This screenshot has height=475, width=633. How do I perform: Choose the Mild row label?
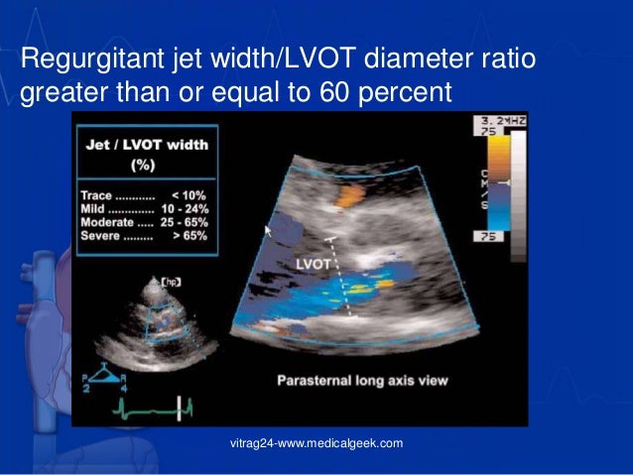(96, 210)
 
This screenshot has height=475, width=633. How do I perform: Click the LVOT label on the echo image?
(316, 264)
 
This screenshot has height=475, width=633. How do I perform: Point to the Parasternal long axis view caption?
(363, 380)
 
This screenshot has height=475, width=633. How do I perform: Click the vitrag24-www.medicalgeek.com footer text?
(316, 442)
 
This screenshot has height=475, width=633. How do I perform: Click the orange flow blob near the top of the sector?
(348, 195)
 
